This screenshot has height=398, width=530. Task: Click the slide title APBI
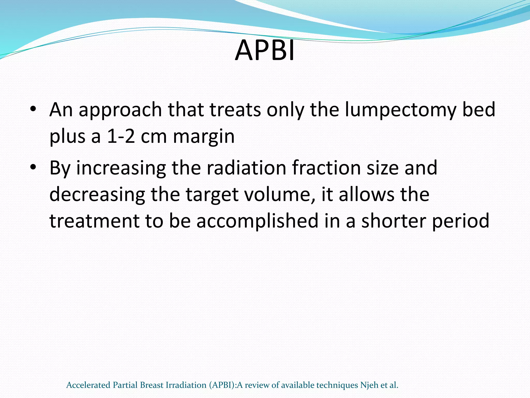coord(265,50)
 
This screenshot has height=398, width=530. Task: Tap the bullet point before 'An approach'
coord(32,109)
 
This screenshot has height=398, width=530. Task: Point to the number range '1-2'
coord(121,136)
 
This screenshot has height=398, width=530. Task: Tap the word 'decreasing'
coord(97,195)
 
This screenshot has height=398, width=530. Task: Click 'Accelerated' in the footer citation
coord(88,385)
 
